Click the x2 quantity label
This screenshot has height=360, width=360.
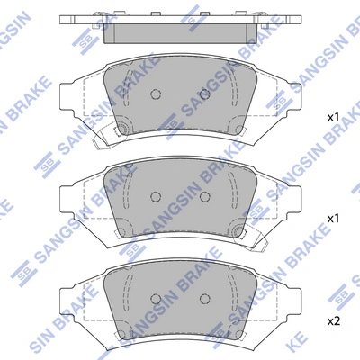332,320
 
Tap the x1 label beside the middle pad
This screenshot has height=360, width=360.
332,219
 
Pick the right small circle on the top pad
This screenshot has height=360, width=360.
204,94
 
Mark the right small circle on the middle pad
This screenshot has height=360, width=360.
204,196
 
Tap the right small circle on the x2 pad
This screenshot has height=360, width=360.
204,299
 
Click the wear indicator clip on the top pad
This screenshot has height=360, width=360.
113,135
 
